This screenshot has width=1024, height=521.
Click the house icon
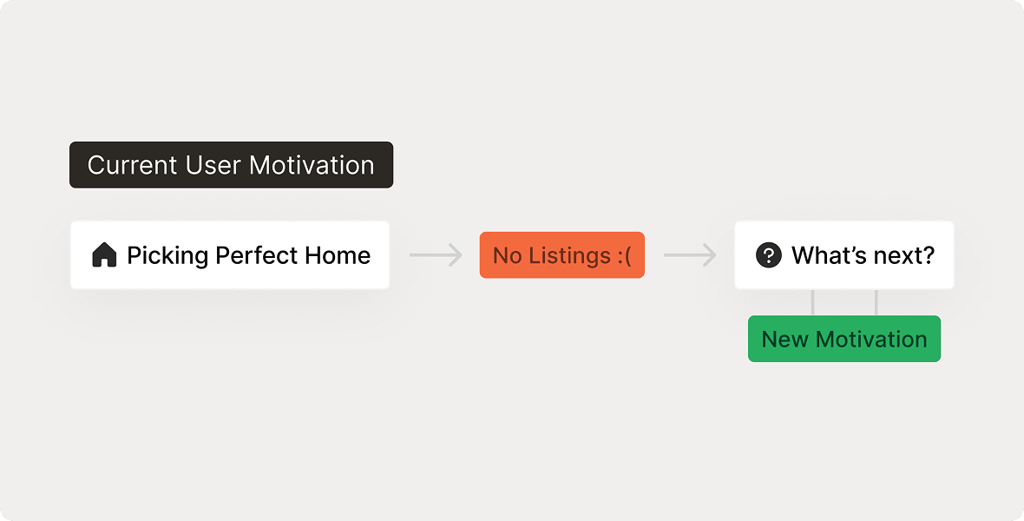pos(104,255)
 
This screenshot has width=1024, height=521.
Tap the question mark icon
pos(768,255)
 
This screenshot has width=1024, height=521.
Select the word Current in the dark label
pos(133,165)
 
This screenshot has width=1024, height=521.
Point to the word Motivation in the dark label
pos(312,165)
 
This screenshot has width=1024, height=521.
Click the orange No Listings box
pos(561,255)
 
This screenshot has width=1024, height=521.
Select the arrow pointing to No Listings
pos(436,255)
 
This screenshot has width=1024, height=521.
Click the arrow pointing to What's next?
pos(690,255)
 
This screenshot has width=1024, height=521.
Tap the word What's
pos(828,255)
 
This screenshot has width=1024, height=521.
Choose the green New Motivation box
pos(843,339)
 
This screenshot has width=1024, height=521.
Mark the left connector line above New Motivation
pos(812,302)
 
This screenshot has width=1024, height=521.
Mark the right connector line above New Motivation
pos(876,302)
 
